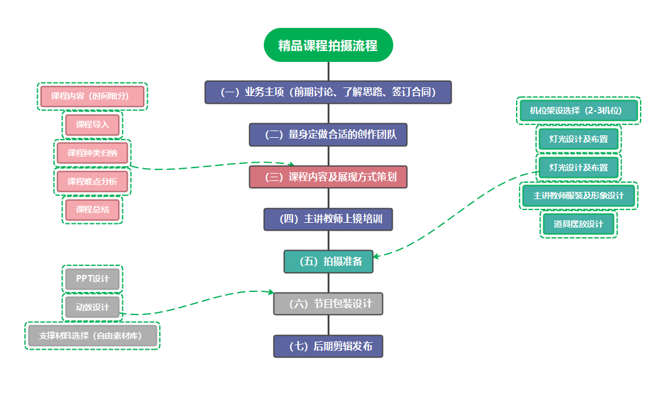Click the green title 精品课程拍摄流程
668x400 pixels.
pos(328,46)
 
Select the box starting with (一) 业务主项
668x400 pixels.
pos(328,92)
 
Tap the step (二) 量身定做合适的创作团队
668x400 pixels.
pos(328,135)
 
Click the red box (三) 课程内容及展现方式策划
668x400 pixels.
pos(328,177)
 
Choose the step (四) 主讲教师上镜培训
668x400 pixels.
pos(328,219)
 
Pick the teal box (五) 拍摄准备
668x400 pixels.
pos(328,262)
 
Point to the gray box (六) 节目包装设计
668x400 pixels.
pos(328,303)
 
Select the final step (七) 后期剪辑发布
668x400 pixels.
pos(328,347)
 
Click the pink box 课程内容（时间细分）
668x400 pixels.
pos(92,96)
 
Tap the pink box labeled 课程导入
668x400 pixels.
pos(92,125)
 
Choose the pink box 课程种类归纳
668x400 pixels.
pos(92,153)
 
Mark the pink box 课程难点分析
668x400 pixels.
pos(92,181)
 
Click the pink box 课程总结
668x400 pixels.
pos(92,210)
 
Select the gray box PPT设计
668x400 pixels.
pos(92,279)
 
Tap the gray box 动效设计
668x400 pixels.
pos(92,307)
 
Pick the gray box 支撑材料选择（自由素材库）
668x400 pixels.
pos(92,336)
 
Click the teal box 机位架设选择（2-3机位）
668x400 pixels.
pos(578,110)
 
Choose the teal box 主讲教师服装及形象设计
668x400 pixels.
pos(579,195)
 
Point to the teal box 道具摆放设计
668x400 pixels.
pos(578,224)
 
